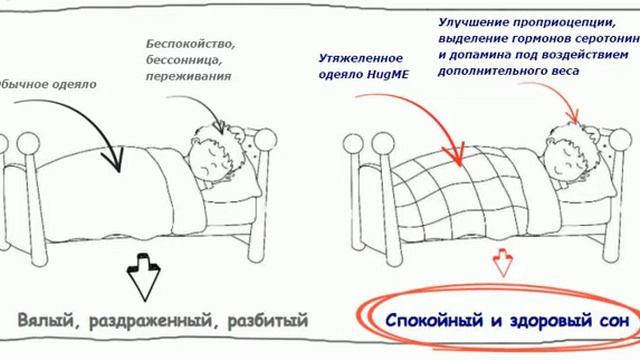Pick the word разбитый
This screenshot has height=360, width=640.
264,321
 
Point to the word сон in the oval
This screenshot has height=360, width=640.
600,323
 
